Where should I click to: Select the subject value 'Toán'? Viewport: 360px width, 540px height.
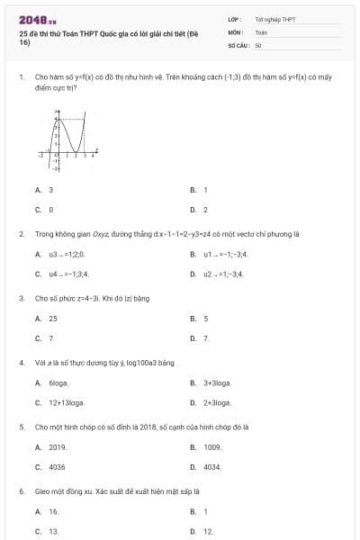pyautogui.click(x=261, y=31)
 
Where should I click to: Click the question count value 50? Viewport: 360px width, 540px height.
pyautogui.click(x=258, y=44)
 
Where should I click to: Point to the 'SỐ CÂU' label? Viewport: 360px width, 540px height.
pyautogui.click(x=238, y=44)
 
